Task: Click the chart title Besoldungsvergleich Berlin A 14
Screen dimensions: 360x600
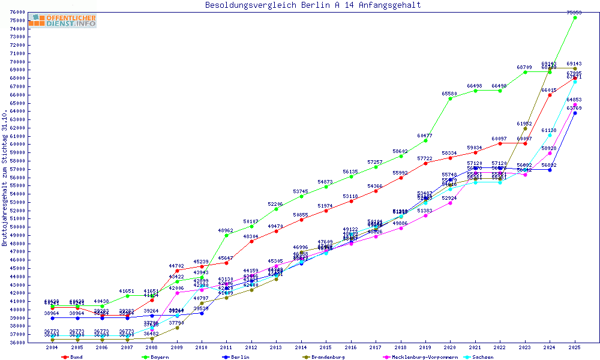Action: coord(313,5)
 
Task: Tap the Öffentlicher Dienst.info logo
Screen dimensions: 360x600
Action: coord(62,21)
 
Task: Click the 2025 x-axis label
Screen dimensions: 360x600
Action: coord(575,348)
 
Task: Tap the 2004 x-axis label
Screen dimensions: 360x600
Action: coord(52,348)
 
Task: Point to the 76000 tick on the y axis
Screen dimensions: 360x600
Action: coord(17,12)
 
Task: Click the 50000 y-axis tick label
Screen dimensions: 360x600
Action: coord(17,227)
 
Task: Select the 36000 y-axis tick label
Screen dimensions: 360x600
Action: coord(17,343)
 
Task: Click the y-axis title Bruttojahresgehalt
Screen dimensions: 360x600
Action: coord(5,178)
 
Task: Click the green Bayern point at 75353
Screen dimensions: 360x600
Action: coord(575,17)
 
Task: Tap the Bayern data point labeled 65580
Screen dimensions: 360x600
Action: coord(450,98)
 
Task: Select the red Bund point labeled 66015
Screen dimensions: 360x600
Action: coord(550,95)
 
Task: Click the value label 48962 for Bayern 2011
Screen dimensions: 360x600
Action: coord(226,230)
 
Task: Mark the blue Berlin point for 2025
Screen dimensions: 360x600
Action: coord(575,113)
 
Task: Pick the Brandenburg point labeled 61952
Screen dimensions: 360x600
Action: coord(525,128)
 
